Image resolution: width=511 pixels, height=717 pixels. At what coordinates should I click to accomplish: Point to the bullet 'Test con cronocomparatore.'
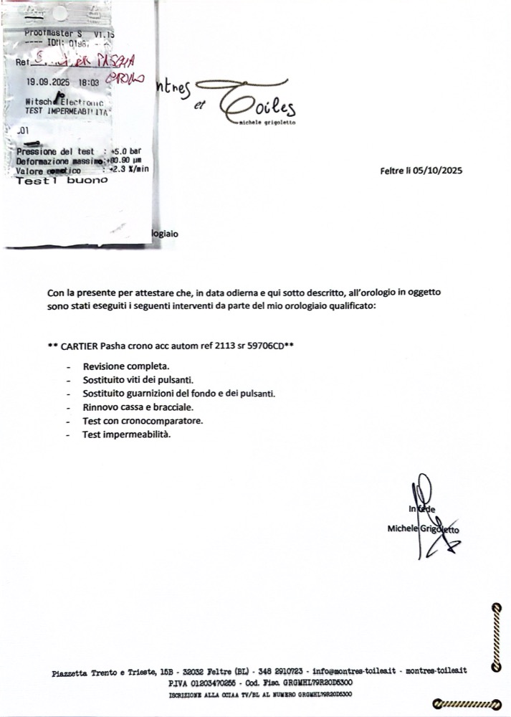[143, 420]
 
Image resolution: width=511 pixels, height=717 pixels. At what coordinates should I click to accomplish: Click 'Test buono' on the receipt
[62, 181]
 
